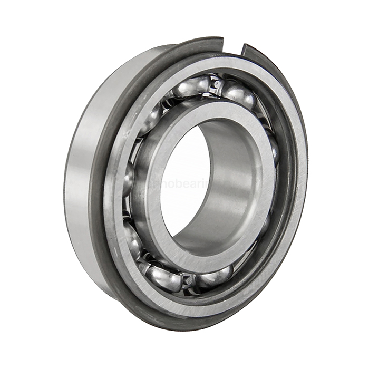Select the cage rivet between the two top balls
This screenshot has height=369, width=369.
tap(215, 83)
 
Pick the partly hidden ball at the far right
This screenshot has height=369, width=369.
tap(274, 148)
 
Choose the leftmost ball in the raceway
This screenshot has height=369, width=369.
tap(128, 179)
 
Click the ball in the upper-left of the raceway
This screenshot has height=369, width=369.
tap(153, 119)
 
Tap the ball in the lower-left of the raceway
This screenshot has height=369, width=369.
tap(134, 240)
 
